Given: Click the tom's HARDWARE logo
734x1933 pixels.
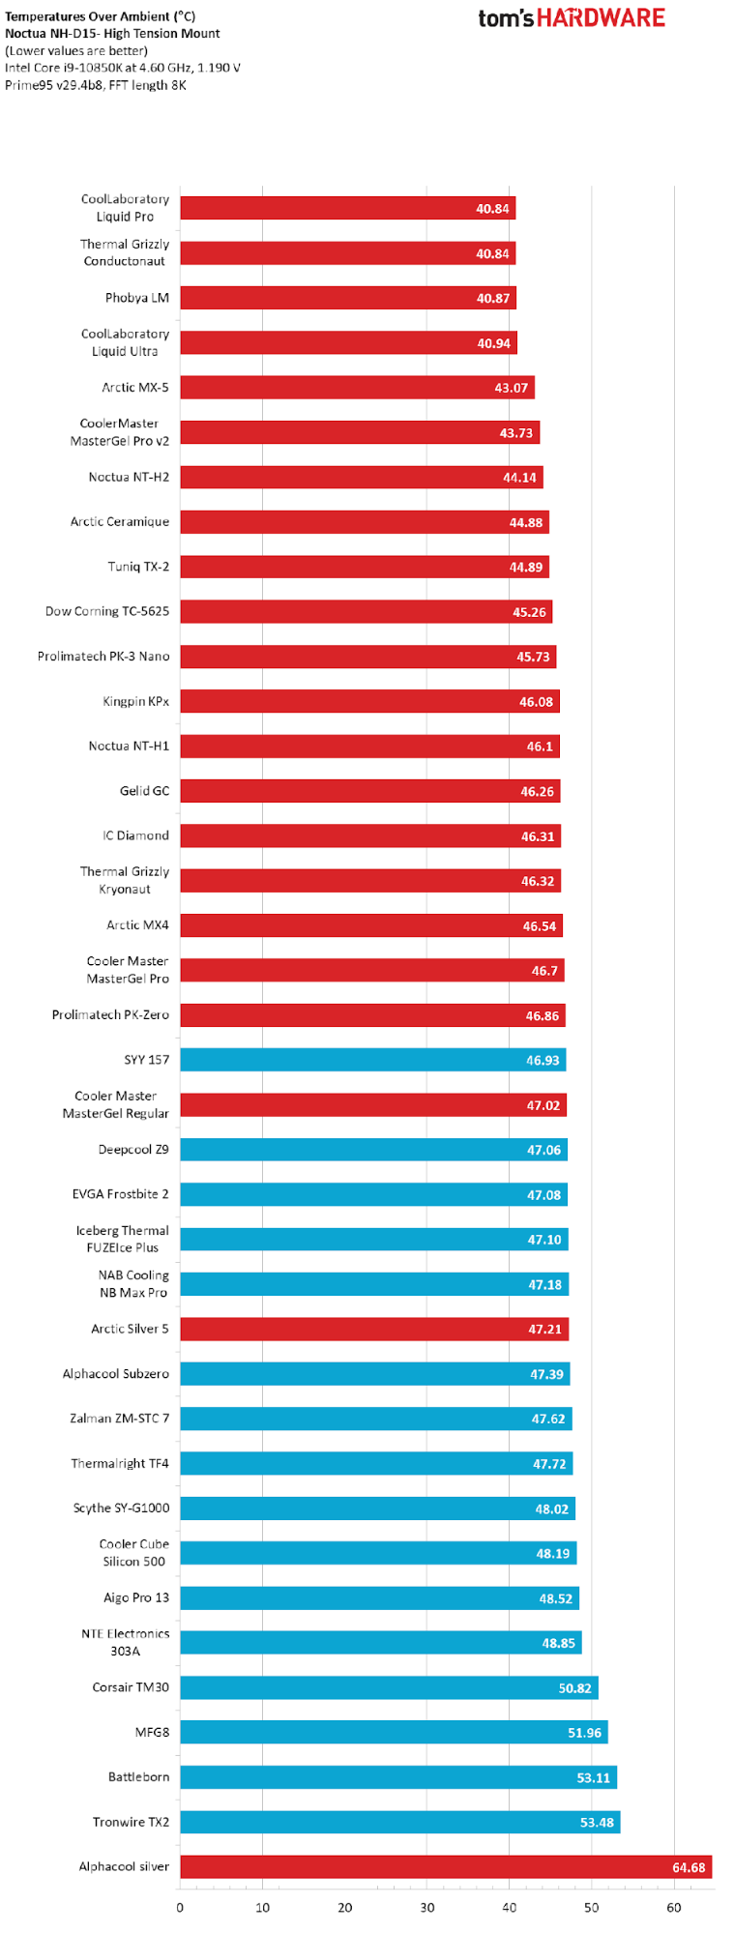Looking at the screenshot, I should point(572,18).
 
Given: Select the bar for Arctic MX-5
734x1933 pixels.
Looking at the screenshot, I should point(357,388).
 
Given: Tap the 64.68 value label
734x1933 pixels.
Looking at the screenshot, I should point(689,1867).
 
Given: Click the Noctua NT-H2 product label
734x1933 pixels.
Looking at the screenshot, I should point(129,477).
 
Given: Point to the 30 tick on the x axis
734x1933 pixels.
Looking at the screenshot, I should point(427,1907).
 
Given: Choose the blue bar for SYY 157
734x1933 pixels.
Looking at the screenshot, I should point(372,1060).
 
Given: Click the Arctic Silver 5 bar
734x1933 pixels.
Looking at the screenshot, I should point(374,1329).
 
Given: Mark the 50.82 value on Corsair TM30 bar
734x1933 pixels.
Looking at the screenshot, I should point(574,1687).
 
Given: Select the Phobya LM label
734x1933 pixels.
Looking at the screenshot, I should point(137,298).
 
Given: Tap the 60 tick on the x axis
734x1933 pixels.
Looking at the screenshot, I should point(674,1907).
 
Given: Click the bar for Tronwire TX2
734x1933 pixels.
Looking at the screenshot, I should point(399,1822).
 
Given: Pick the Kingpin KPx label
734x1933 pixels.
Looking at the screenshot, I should point(136,701).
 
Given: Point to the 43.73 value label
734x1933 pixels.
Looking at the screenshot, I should point(515,432).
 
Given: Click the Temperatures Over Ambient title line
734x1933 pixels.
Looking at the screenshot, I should point(100,16).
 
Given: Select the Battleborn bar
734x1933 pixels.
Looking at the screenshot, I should point(398,1777).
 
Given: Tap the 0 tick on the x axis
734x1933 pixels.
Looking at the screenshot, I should point(180,1907).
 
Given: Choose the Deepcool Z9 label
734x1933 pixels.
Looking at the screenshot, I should point(133,1150).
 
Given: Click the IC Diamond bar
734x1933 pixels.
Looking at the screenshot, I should point(370,835).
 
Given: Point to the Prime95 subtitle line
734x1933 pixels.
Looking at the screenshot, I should point(96,85).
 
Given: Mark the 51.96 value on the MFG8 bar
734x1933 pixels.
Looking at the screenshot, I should point(584,1732).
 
